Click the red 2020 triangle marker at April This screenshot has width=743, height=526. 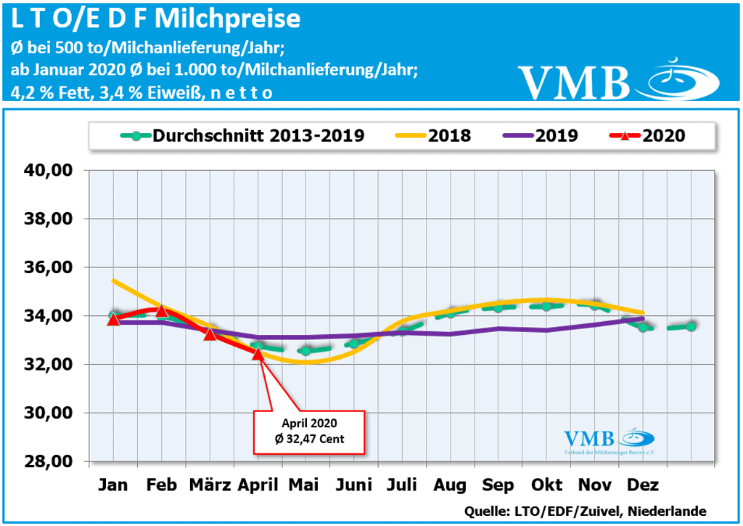click(x=258, y=353)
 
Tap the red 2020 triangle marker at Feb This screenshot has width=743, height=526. click(x=162, y=311)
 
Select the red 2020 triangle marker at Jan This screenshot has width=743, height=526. click(x=113, y=319)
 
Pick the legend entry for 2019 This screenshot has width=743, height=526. click(x=538, y=135)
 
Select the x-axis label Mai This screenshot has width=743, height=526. click(x=305, y=485)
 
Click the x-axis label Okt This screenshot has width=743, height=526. click(x=546, y=485)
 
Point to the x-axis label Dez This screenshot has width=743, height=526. click(x=642, y=485)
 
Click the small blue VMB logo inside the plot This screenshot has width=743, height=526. click(x=609, y=440)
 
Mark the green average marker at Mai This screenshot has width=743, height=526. click(x=305, y=351)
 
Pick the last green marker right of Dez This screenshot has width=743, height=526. click(x=691, y=326)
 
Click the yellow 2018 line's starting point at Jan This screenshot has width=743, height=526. click(x=113, y=280)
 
